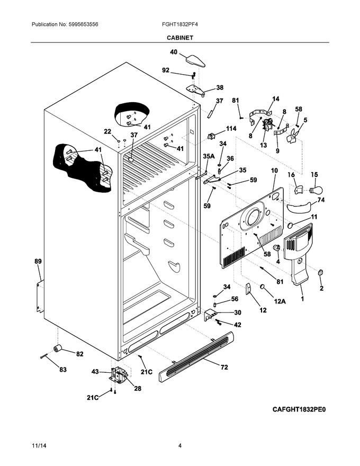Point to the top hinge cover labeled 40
[195, 60]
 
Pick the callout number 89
[38, 262]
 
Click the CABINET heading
[179, 38]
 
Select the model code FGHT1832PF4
[179, 24]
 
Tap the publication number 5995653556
[83, 24]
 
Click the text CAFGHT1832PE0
[299, 409]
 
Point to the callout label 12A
[280, 301]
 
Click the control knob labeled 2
[320, 273]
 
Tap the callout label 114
[231, 129]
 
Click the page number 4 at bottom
[180, 445]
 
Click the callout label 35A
[209, 156]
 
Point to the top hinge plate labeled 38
[195, 89]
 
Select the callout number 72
[224, 368]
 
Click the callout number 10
[274, 171]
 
